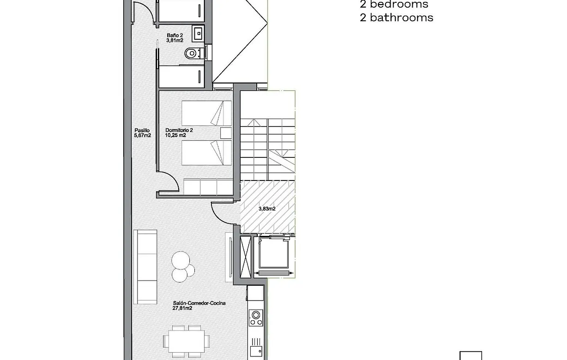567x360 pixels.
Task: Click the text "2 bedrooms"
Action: tap(394, 5)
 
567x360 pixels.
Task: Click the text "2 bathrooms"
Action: tap(396, 18)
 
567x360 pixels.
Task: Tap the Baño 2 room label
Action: tap(175, 35)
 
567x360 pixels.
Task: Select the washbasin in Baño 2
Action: tap(199, 33)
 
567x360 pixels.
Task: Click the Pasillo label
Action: tap(142, 130)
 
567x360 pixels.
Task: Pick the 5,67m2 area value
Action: tap(142, 136)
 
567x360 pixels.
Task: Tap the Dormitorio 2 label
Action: tap(179, 131)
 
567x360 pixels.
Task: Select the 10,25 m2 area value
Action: tap(175, 136)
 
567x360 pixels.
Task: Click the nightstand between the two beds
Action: tap(226, 133)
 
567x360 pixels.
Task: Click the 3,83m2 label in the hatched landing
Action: tap(267, 209)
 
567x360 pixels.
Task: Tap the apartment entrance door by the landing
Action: tap(222, 213)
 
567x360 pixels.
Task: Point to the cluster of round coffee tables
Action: tap(182, 268)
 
